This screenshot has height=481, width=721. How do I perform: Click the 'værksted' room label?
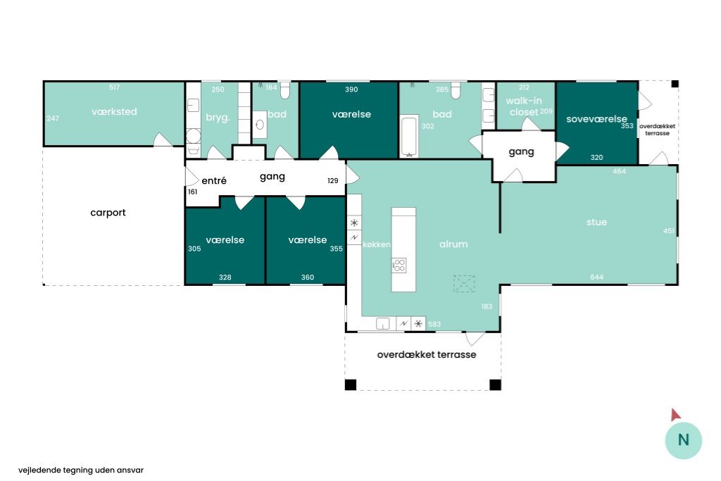coord(114,111)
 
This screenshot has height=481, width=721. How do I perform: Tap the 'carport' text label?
coord(108,213)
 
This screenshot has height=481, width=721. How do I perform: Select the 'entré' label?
coord(214,180)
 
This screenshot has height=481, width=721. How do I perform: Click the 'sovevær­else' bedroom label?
coord(596,118)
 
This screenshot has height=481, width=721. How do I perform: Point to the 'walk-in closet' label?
coord(524,106)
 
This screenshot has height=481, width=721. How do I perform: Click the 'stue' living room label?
coord(596,222)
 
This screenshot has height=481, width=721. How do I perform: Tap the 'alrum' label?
coord(453,244)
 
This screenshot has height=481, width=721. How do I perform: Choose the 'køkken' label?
coord(377,244)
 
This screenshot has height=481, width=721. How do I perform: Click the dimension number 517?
coord(114,87)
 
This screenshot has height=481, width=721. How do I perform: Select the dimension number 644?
coord(596,277)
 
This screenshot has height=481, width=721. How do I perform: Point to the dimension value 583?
coord(434,324)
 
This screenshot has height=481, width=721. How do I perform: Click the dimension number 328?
coord(225,277)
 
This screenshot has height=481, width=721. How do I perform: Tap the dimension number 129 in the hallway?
coord(333,181)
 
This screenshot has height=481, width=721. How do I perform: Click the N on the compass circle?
coord(683,440)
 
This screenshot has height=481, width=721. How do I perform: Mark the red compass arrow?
coord(675,414)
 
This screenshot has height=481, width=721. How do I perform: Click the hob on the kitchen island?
coord(399,266)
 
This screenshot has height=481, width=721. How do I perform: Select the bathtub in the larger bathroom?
coord(409,136)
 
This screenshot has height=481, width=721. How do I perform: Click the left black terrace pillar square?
coord(351,385)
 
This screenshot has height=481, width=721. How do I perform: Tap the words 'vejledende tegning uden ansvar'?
coord(81,470)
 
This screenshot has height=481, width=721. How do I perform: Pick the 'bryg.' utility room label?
coord(218,118)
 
